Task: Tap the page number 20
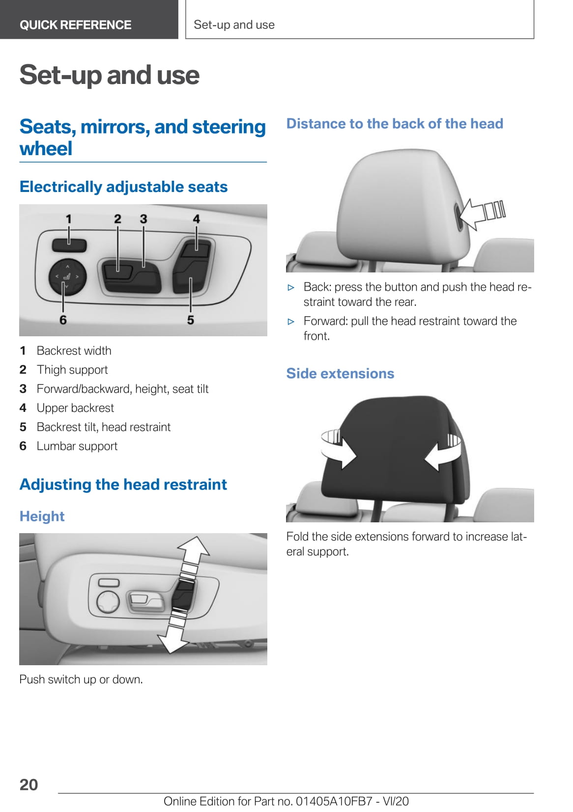click(29, 785)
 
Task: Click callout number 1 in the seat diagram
click(69, 218)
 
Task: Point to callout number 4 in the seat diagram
click(196, 218)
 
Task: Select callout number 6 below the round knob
click(63, 320)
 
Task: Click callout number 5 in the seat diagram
click(191, 320)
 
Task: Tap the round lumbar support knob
click(67, 277)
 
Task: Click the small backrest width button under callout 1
click(69, 245)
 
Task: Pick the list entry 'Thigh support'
click(72, 370)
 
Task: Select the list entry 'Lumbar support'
click(77, 446)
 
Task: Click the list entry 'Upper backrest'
click(75, 408)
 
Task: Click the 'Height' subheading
click(42, 516)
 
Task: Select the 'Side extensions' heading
click(340, 374)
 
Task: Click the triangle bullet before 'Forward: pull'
click(290, 322)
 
